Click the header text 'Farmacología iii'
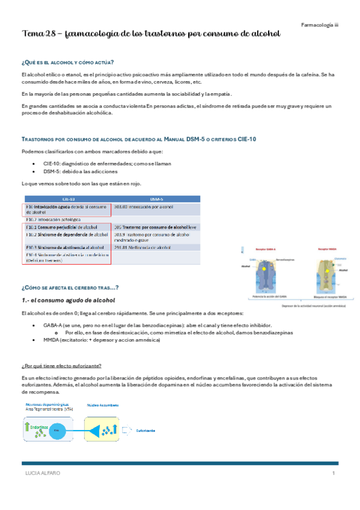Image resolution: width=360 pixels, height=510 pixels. click(320, 24)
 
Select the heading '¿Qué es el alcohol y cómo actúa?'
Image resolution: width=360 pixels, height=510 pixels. click(67, 63)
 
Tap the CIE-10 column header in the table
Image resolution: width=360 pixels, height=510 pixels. click(68, 198)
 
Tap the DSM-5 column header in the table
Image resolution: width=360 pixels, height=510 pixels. click(156, 198)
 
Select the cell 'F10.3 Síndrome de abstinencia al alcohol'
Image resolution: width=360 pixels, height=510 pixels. click(66, 247)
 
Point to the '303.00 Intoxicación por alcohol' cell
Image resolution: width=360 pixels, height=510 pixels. click(147, 206)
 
